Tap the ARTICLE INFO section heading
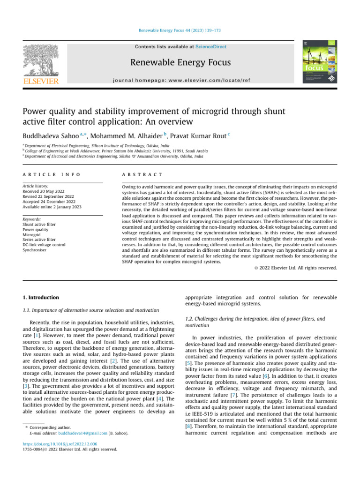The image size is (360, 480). coord(51,174)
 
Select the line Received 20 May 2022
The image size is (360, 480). coord(45,192)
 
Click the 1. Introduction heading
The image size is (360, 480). coord(41,297)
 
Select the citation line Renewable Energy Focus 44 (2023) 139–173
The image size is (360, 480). coord(180,30)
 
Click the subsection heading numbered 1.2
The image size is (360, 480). coord(255,322)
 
